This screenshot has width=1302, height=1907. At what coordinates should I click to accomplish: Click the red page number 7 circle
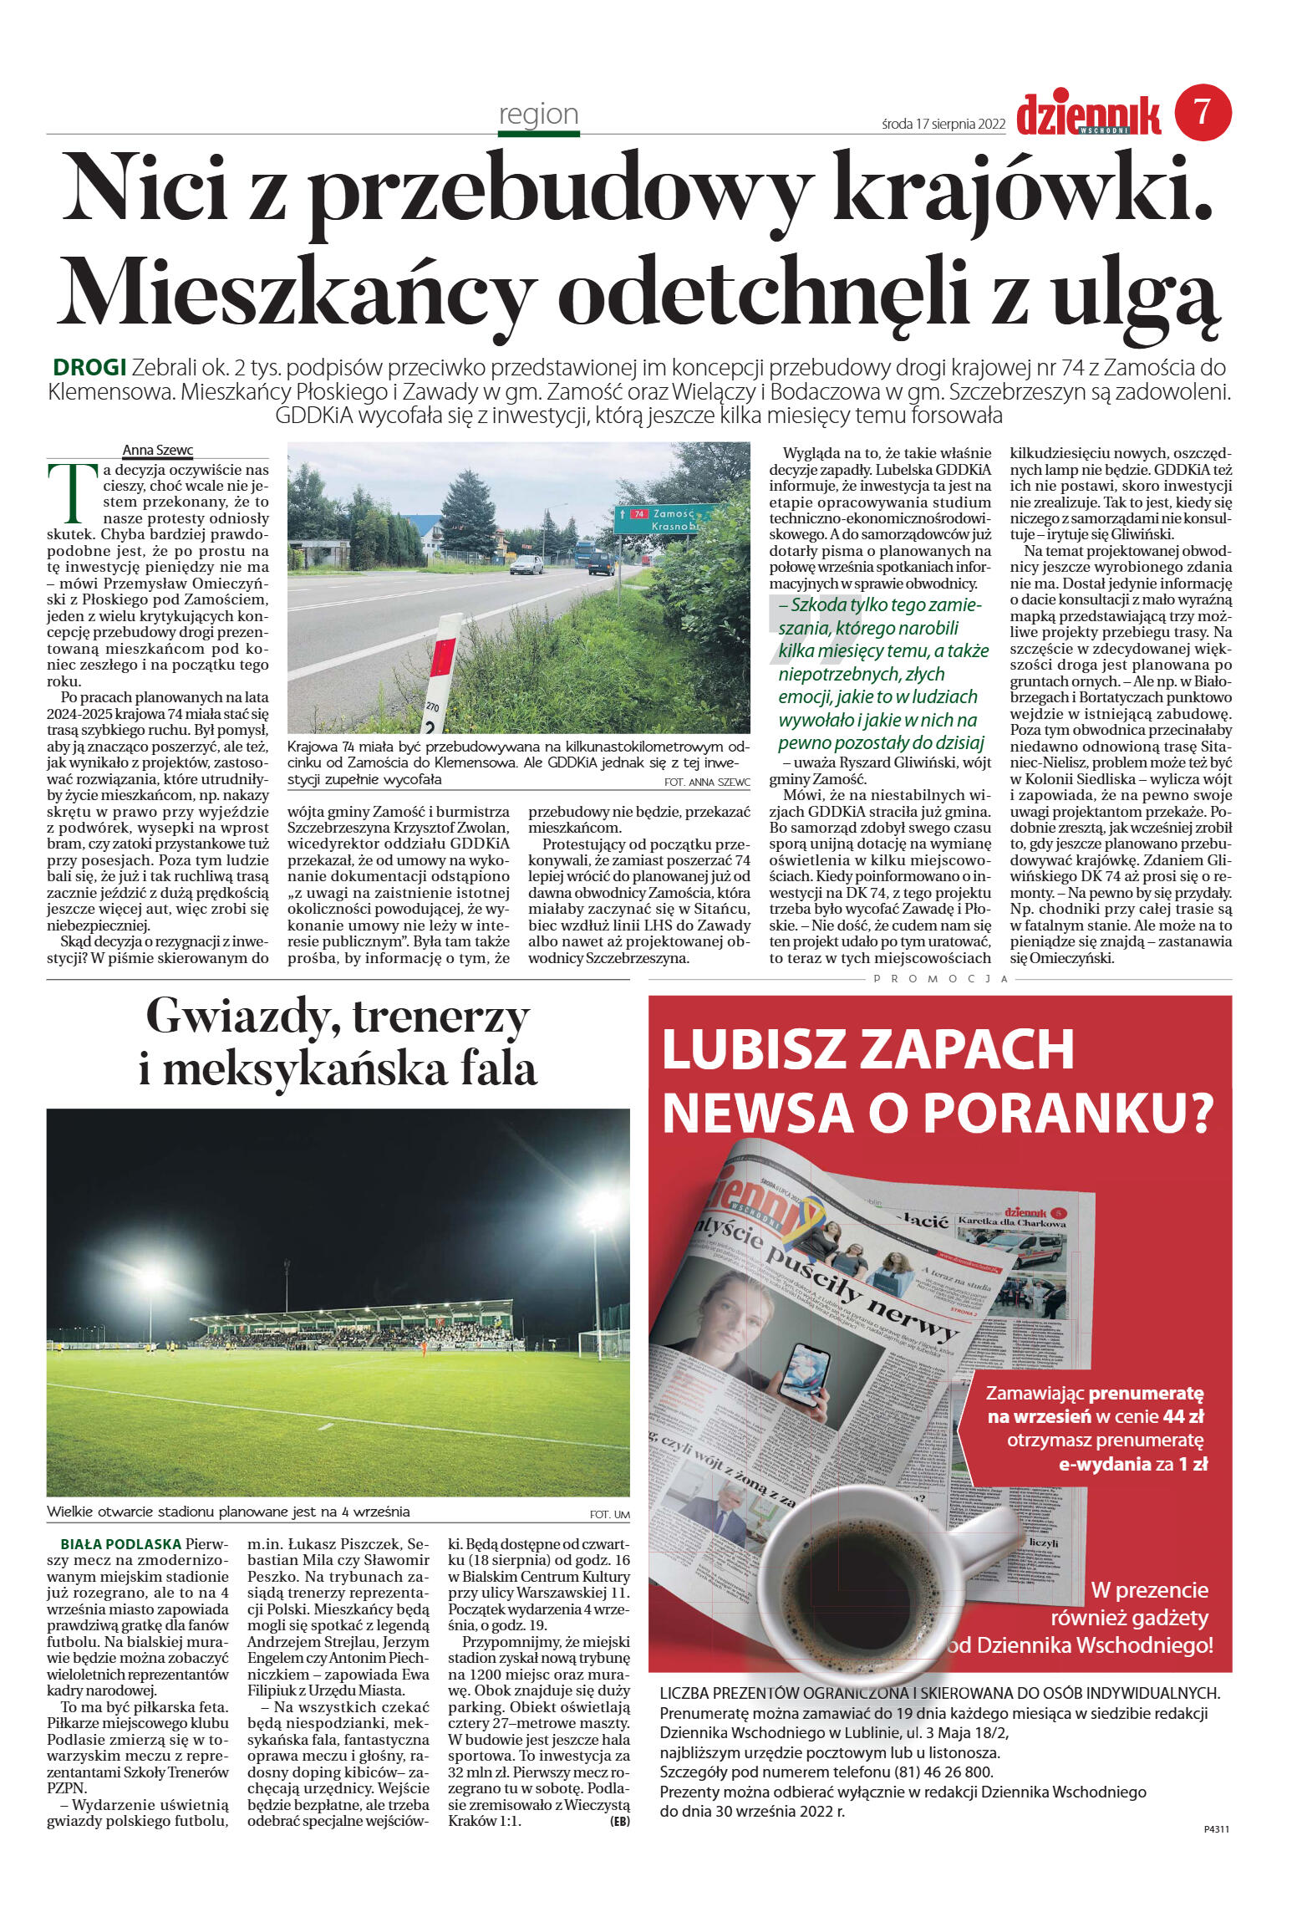coord(1203,111)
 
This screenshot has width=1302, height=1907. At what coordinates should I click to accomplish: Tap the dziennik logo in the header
coord(1088,115)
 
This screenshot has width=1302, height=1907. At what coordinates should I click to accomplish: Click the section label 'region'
coord(538,114)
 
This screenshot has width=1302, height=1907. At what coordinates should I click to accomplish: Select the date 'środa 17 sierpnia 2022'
coord(943,124)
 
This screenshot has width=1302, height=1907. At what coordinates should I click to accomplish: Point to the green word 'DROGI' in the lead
coord(89,367)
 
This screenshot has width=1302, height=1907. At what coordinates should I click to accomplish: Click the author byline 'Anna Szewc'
coord(157,450)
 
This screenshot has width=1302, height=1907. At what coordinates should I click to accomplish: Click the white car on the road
coord(526,565)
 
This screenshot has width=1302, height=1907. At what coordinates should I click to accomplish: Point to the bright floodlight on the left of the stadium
coord(151,1278)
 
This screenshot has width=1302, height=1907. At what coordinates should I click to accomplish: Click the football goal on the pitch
coord(603,1344)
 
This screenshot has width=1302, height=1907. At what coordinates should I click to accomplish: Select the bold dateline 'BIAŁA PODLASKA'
coord(120,1544)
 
